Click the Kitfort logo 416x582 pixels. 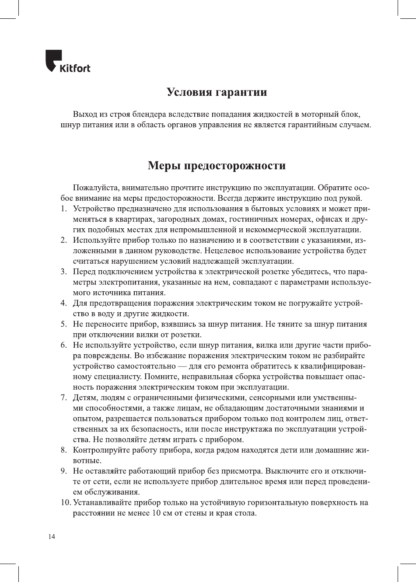[x=68, y=62]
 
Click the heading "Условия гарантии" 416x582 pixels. [x=217, y=92]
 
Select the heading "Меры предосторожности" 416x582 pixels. [x=217, y=166]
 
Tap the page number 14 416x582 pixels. [x=52, y=537]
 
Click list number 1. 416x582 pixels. [x=63, y=209]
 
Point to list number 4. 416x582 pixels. [x=63, y=303]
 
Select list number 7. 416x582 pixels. [x=63, y=397]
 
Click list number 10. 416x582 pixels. [x=66, y=502]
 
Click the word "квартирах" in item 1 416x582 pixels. [x=122, y=219]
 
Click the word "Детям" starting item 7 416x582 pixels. [x=85, y=397]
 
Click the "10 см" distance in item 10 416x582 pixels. [x=157, y=513]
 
